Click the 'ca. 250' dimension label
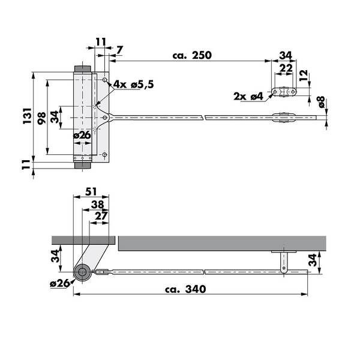click(192, 55)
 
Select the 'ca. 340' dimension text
click(185, 289)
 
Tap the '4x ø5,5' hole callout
click(134, 85)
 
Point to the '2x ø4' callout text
click(248, 96)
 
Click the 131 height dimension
click(27, 115)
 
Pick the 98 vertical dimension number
click(42, 118)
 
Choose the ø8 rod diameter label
click(321, 102)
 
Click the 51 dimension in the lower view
click(91, 191)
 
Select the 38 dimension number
click(98, 205)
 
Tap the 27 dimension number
click(101, 216)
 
